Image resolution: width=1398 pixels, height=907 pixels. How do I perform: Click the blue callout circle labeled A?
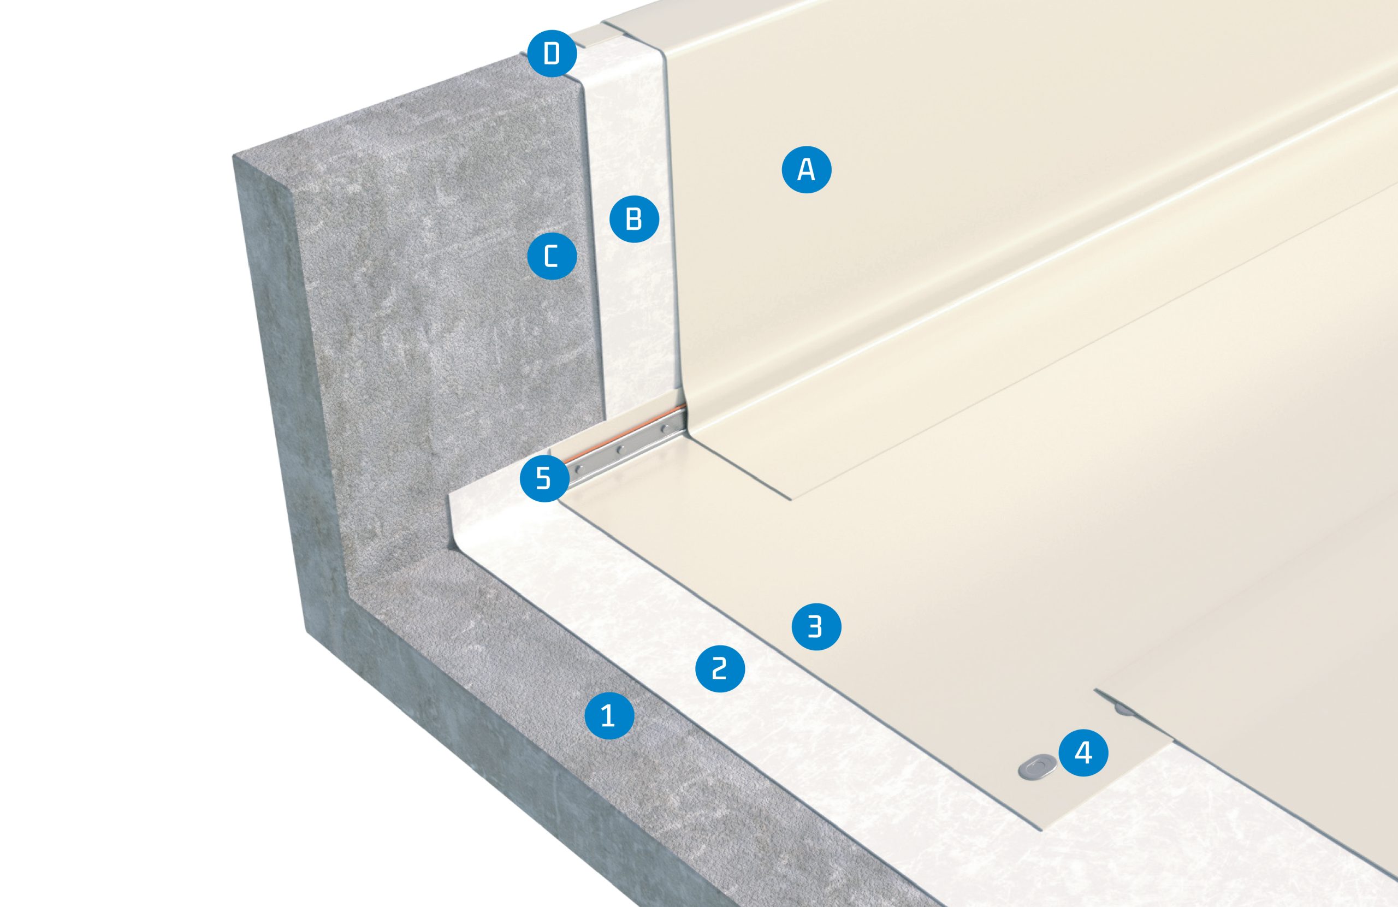point(807,170)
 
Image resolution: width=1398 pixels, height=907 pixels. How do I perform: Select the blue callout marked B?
point(634,219)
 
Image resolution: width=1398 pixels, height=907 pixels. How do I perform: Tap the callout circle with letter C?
point(552,257)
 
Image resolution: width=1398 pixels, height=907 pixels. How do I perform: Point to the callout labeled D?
point(552,54)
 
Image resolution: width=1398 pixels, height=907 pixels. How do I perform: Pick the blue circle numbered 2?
point(720,668)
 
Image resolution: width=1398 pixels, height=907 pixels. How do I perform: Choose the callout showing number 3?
point(816,628)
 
